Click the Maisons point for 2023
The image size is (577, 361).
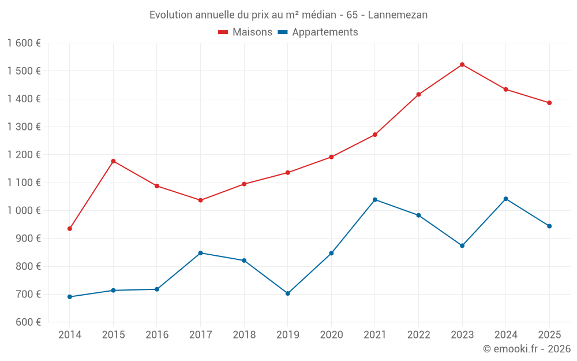[462, 65]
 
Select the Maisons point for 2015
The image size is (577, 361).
[113, 161]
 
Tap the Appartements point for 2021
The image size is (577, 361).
[375, 200]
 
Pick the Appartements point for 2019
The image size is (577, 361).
[288, 293]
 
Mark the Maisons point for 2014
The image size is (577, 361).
[70, 229]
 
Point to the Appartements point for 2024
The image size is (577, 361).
[506, 199]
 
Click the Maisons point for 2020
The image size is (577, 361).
[331, 157]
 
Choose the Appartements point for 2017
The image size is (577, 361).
[200, 253]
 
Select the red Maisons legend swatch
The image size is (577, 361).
[223, 32]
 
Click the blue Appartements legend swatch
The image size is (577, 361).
[283, 32]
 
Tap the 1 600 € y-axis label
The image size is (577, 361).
[24, 43]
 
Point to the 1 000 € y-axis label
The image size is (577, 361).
[24, 211]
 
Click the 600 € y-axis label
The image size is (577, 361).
[28, 322]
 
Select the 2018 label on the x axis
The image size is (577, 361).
[244, 335]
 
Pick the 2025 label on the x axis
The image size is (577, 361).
[549, 335]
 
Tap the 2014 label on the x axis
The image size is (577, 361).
[70, 335]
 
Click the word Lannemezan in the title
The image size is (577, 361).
[398, 15]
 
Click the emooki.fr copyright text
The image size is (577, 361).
[526, 349]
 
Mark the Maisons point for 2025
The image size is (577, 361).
[549, 103]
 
